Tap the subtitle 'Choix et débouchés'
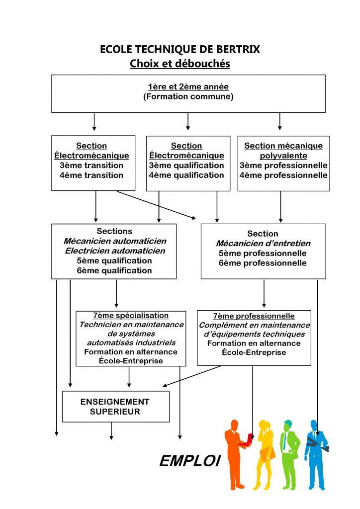[x=180, y=63]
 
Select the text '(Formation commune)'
[x=188, y=96]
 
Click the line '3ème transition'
[x=91, y=165]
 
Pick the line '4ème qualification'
[x=186, y=175]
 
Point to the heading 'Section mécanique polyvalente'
[x=283, y=151]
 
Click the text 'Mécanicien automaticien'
[x=115, y=241]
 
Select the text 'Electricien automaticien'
[x=115, y=251]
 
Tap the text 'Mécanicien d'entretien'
[x=263, y=243]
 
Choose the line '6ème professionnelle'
[x=263, y=263]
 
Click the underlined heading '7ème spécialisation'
[x=131, y=316]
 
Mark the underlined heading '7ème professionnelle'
[x=254, y=316]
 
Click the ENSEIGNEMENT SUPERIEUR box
[x=116, y=407]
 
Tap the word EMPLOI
[x=190, y=461]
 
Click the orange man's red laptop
[x=247, y=440]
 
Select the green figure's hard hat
[x=288, y=423]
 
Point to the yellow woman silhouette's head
[x=264, y=426]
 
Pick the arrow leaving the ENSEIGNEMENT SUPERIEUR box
[x=111, y=431]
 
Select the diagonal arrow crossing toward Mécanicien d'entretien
[x=157, y=205]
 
